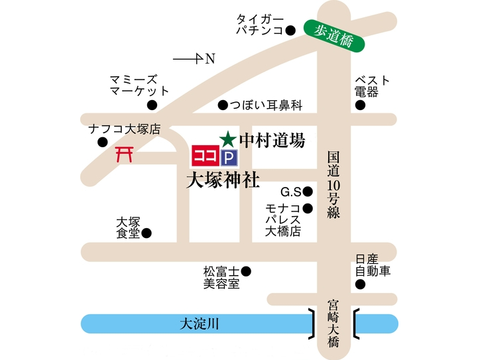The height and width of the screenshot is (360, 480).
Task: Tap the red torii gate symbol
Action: [124, 155]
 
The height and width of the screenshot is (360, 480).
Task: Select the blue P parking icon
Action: [228, 156]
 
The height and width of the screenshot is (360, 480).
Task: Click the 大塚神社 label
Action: [222, 179]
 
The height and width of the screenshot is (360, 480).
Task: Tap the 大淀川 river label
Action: [200, 324]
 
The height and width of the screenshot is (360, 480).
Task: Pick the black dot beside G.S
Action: [308, 192]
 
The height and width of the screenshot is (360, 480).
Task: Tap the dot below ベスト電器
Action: [360, 105]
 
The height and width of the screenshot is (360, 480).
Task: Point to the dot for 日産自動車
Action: [360, 285]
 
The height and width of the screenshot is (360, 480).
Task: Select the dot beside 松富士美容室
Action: [246, 270]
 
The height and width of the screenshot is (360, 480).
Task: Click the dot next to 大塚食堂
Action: [147, 233]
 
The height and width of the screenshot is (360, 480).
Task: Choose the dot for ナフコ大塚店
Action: [103, 142]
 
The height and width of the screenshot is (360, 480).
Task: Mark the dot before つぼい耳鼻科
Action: [223, 105]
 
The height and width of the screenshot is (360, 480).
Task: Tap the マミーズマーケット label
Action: [139, 86]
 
